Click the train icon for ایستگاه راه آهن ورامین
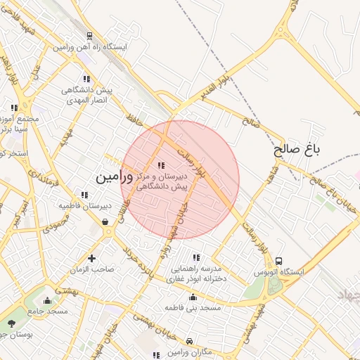(89, 36)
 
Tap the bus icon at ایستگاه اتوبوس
(280, 261)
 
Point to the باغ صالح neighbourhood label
(297, 150)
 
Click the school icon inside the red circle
(161, 165)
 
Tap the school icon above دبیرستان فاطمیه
(84, 195)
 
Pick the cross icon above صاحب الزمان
(91, 258)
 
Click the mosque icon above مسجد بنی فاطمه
(193, 297)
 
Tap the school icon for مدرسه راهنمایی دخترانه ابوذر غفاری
(195, 257)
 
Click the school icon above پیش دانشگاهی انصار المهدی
(86, 79)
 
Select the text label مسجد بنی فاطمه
(193, 308)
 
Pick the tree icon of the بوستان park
(12, 323)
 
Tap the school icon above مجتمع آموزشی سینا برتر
(14, 108)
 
